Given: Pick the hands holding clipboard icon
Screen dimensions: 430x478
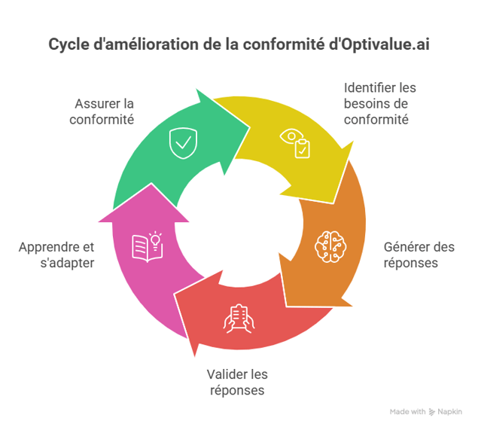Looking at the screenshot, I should pyautogui.click(x=239, y=319).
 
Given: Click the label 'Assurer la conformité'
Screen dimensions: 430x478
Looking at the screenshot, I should pyautogui.click(x=104, y=111).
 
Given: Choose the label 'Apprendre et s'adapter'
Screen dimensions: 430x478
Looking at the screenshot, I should pyautogui.click(x=57, y=255).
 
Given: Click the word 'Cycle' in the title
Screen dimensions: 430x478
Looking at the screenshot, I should pyautogui.click(x=68, y=44).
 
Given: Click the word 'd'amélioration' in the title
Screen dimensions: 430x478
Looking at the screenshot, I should pyautogui.click(x=141, y=44).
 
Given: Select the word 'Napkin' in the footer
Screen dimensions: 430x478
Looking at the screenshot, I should pyautogui.click(x=450, y=412).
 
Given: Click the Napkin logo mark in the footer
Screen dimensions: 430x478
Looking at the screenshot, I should pyautogui.click(x=432, y=412).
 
